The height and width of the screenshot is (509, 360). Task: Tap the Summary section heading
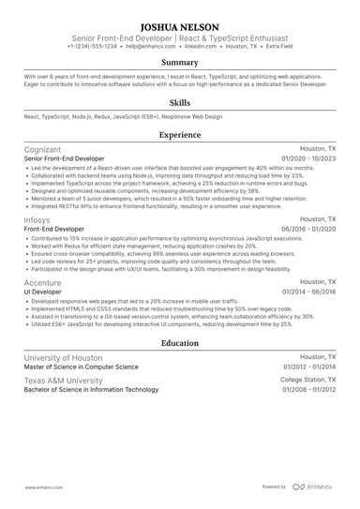tap(180, 62)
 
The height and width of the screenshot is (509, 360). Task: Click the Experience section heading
tap(180, 135)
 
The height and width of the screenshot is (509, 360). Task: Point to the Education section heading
tap(180, 343)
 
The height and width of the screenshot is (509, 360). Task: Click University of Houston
tap(64, 358)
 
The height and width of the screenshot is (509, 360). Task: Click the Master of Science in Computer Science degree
tap(83, 367)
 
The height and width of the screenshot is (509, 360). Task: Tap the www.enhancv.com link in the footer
tap(43, 488)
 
